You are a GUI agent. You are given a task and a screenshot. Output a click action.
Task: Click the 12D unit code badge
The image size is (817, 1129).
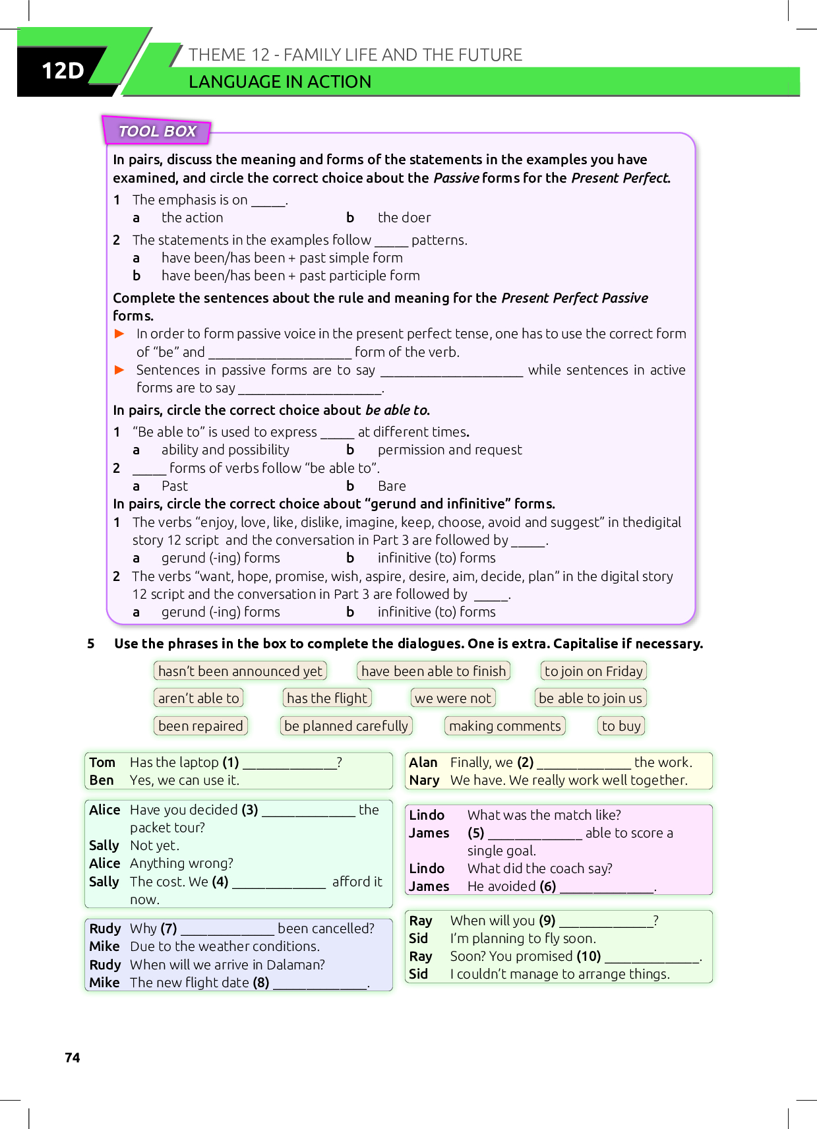[x=63, y=70]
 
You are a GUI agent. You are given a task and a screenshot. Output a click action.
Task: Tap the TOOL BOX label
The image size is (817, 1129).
[x=157, y=131]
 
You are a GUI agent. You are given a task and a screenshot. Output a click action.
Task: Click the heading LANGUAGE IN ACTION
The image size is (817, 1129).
[x=280, y=82]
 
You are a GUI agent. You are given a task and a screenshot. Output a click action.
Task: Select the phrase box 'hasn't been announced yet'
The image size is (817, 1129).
[x=240, y=671]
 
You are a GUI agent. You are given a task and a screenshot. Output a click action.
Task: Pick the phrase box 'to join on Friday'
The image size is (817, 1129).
[x=593, y=671]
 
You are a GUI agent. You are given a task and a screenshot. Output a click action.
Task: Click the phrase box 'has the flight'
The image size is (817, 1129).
[x=327, y=698]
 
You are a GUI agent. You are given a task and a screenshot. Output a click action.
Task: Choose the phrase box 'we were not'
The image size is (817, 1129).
[x=453, y=698]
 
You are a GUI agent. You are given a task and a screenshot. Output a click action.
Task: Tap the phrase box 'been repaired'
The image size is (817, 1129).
[x=200, y=725]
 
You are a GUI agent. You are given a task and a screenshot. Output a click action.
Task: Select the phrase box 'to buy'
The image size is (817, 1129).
[x=621, y=725]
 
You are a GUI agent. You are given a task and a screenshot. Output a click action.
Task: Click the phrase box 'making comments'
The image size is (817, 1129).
[x=504, y=725]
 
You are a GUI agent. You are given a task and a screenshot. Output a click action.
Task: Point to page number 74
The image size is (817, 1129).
[x=73, y=1058]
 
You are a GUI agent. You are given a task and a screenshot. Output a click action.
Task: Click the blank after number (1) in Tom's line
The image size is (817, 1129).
[x=289, y=764]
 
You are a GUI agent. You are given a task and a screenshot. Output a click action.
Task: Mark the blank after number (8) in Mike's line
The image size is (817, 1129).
[x=320, y=984]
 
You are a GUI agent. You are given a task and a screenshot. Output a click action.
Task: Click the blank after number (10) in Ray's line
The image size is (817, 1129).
[x=651, y=958]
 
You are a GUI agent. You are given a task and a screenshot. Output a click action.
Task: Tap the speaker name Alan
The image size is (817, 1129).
[x=423, y=762]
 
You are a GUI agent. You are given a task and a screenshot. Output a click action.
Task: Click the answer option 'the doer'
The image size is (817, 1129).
[x=404, y=218]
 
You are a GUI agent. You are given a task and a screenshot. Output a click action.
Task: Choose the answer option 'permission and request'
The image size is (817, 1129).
[x=449, y=450]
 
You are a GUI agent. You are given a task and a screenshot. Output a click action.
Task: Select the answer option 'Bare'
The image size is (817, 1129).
[x=392, y=486]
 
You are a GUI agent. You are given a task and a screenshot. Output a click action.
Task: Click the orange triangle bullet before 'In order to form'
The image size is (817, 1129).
[x=119, y=334]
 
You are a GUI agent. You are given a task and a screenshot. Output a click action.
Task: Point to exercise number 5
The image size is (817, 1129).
[x=91, y=644]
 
